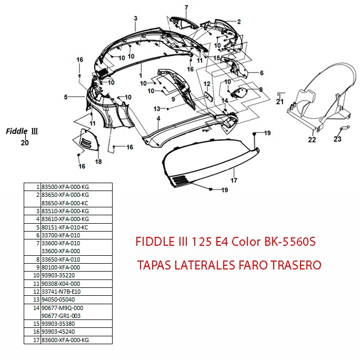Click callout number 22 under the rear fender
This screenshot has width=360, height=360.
point(312,139)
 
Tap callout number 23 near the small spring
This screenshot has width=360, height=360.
point(337,139)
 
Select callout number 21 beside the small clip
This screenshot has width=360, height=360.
point(280,102)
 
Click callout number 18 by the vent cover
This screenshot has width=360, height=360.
point(98,162)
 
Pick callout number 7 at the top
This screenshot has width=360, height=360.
point(186,7)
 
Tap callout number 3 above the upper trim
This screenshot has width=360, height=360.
point(135,18)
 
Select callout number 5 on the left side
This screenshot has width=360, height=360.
point(66,97)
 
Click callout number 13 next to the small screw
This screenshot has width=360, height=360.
point(157,108)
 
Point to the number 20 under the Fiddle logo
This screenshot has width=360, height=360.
point(25,142)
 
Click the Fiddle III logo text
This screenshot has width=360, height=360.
point(23,131)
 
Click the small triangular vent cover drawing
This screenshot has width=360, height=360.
point(86,139)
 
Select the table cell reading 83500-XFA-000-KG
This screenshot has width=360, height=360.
point(66,187)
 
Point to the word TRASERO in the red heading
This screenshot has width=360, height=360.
point(295,265)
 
